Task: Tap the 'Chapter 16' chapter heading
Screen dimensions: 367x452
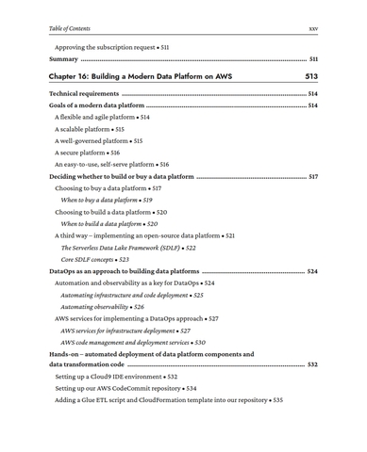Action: click(141, 76)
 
